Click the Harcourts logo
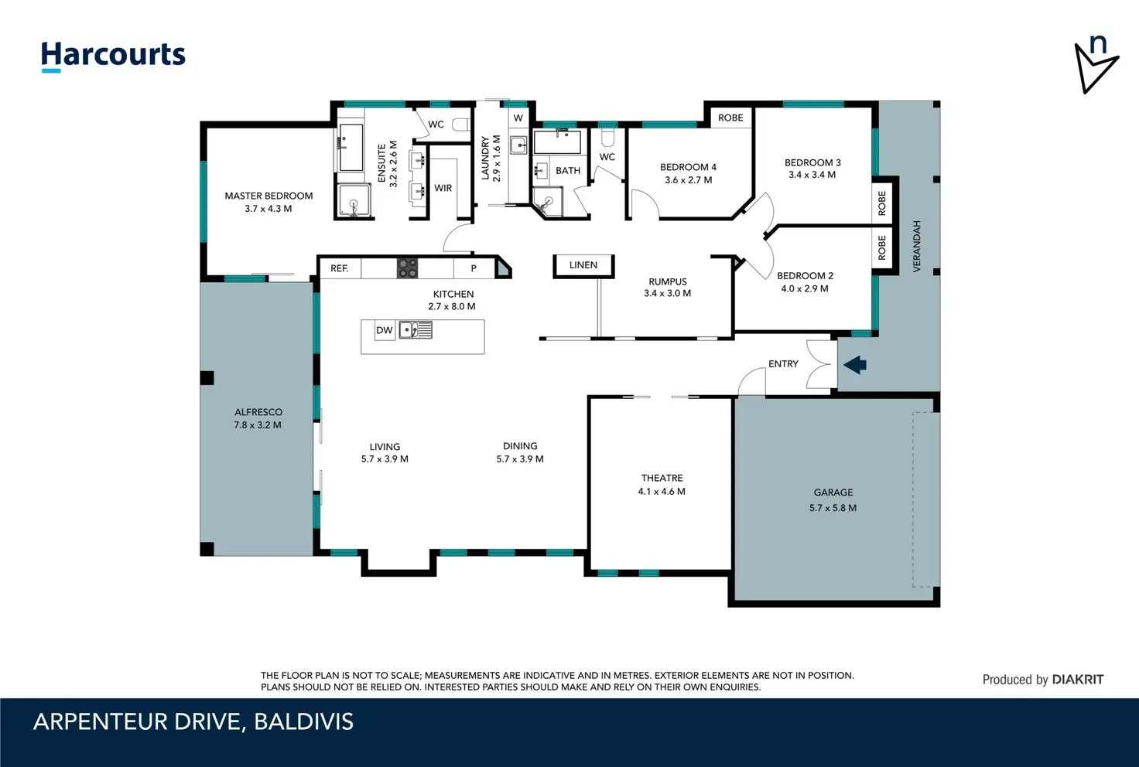click(x=113, y=56)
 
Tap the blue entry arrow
click(x=855, y=365)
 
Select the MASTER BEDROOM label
click(x=269, y=196)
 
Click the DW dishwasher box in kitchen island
click(x=385, y=330)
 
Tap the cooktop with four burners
click(x=407, y=268)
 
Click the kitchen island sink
click(x=416, y=329)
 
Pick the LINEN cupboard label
click(x=583, y=264)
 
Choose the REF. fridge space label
click(x=339, y=268)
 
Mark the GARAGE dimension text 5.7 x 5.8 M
click(x=833, y=507)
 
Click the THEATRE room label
click(x=662, y=478)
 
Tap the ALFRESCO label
click(x=258, y=412)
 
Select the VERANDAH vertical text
click(x=917, y=246)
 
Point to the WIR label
click(x=443, y=188)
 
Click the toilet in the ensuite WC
click(x=462, y=124)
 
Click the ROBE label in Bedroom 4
click(x=730, y=118)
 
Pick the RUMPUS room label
click(x=668, y=281)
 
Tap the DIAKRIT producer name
click(x=1078, y=680)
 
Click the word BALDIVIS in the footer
click(x=303, y=722)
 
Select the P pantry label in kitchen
click(x=474, y=268)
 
